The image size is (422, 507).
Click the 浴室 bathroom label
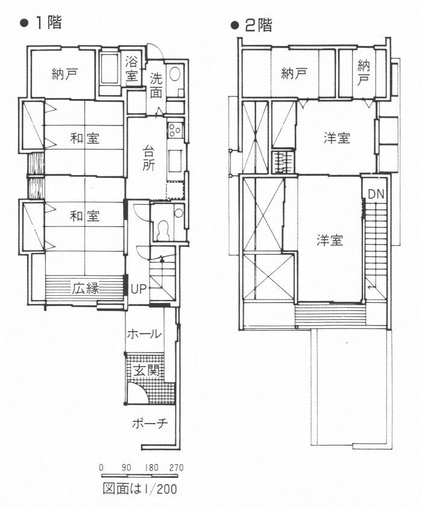tap(132, 69)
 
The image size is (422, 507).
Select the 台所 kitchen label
tap(148, 158)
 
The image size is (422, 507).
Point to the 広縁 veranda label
tap(86, 288)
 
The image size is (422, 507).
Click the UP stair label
tap(139, 289)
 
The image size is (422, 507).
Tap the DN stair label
tap(376, 194)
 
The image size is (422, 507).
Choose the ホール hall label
tap(144, 334)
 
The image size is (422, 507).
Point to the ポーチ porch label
tap(150, 423)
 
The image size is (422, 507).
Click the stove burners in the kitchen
tap(175, 129)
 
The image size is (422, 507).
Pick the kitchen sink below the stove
tap(175, 161)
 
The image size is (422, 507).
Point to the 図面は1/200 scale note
tap(140, 489)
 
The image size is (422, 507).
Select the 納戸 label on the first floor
tap(65, 74)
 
